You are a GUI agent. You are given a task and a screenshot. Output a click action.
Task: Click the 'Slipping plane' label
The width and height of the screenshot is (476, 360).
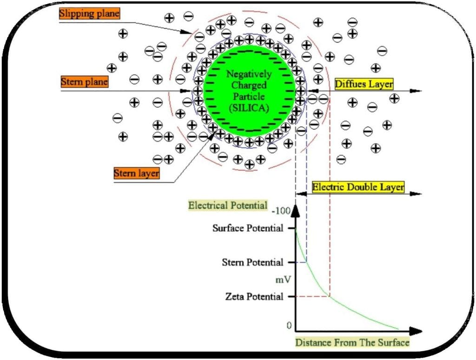pyautogui.click(x=89, y=14)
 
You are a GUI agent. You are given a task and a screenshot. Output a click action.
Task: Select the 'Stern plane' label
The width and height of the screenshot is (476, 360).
pyautogui.click(x=84, y=82)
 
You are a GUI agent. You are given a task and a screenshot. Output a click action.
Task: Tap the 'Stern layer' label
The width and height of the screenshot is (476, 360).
pyautogui.click(x=137, y=173)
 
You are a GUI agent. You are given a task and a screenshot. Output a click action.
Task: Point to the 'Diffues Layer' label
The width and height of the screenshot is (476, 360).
pyautogui.click(x=364, y=84)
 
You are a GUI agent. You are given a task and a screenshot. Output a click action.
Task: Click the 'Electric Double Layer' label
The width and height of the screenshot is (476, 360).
pyautogui.click(x=358, y=187)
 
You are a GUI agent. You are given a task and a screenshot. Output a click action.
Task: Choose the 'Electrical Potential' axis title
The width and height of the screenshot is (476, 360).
pyautogui.click(x=227, y=205)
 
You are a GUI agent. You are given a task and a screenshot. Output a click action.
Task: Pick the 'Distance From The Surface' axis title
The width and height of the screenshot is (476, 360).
pyautogui.click(x=352, y=343)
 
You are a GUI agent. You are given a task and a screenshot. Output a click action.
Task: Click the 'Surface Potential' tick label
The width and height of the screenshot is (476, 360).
pyautogui.click(x=247, y=228)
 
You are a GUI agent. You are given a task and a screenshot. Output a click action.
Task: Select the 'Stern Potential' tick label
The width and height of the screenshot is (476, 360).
pyautogui.click(x=252, y=262)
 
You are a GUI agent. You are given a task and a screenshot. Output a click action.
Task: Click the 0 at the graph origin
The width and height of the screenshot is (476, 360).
pyautogui.click(x=289, y=325)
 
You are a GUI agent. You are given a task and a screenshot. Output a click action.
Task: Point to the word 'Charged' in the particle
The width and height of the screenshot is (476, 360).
pyautogui.click(x=249, y=85)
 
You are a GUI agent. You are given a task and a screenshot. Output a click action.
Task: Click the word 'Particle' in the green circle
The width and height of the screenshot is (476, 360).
pyautogui.click(x=249, y=97)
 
